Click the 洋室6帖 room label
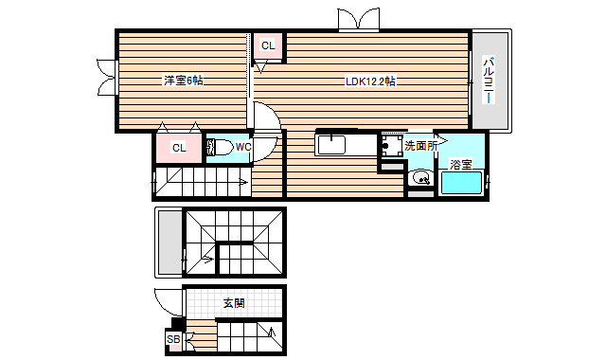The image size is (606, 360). click(183, 81)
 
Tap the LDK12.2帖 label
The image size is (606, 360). click(370, 81)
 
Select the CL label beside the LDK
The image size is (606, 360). click(268, 45)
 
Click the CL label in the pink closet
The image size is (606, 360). click(179, 148)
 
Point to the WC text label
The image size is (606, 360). click(243, 147)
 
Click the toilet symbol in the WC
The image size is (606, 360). click(221, 147)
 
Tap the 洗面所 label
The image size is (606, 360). click(420, 146)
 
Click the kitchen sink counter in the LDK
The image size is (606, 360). click(346, 146)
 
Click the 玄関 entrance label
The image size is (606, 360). click(234, 303)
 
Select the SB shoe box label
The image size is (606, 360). click(173, 339)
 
